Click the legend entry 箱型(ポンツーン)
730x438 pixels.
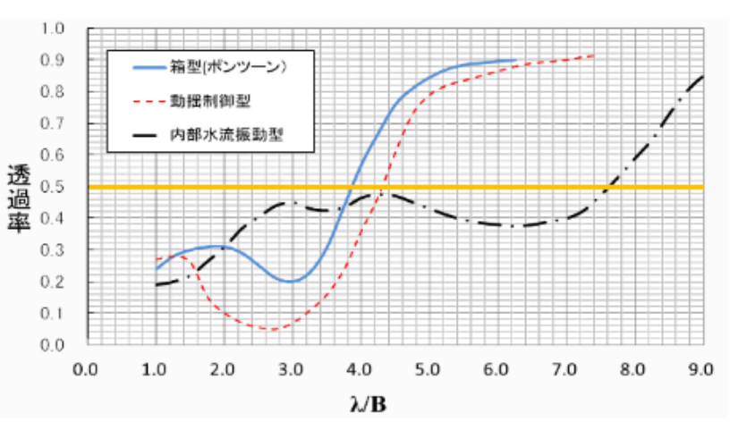[x=232, y=66]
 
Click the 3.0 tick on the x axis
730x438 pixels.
[x=292, y=366]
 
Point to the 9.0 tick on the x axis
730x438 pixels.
[x=701, y=366]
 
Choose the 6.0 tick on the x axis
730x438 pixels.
[x=497, y=366]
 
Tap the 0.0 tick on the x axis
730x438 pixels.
[x=87, y=366]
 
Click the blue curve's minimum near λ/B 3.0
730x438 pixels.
[x=290, y=282]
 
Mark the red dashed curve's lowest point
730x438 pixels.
[x=269, y=329]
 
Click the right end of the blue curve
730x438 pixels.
[x=516, y=60]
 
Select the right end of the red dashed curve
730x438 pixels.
[x=593, y=55]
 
